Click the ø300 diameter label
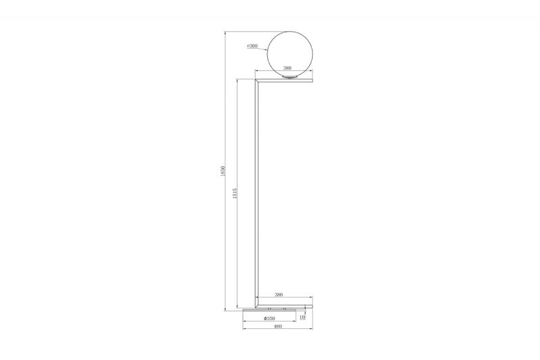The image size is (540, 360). (252, 46)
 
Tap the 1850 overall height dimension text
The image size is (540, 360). (223, 171)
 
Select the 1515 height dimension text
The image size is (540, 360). (235, 193)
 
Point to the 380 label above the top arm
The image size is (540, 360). (287, 68)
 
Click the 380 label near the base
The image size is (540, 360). (279, 294)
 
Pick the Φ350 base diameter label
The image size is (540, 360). (269, 318)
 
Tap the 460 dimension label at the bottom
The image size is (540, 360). (278, 326)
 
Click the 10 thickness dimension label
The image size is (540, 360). (302, 317)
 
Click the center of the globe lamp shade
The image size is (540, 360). (290, 54)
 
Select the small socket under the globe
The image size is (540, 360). (290, 77)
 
